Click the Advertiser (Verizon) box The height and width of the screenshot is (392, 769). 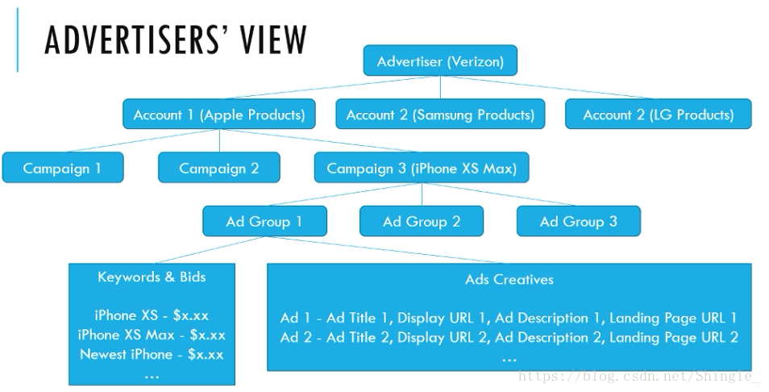coord(440,61)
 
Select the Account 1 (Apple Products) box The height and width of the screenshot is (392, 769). coord(219,115)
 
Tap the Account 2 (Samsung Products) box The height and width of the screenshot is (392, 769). coord(440,115)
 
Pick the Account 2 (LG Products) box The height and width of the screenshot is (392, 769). coord(659,115)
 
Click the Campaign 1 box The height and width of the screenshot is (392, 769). coord(62,169)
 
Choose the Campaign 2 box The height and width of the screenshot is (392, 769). coord(219,169)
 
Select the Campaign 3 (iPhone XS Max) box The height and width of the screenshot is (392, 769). coord(422,169)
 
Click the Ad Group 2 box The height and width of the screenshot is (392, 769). coord(422,222)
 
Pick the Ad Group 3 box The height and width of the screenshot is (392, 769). coord(578,222)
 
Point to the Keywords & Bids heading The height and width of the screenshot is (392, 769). coord(152,277)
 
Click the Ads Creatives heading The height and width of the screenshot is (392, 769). coord(509,280)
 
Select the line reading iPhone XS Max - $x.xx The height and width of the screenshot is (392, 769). coord(152,335)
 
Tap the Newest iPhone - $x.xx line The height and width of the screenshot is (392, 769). coord(152,354)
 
